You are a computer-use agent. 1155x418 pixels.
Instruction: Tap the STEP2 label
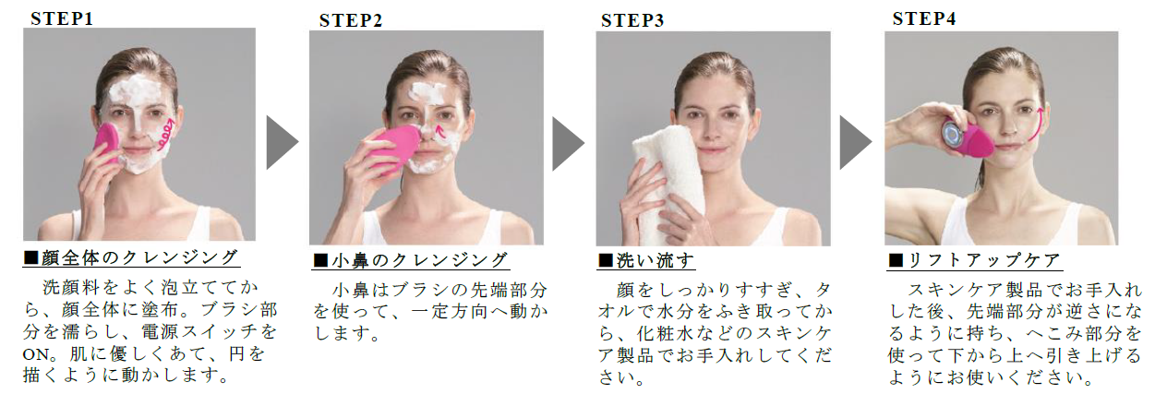click(351, 20)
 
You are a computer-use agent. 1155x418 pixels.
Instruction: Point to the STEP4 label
click(924, 18)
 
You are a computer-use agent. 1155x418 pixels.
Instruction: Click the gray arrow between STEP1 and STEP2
click(282, 142)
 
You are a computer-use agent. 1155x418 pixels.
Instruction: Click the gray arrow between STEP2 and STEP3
click(568, 142)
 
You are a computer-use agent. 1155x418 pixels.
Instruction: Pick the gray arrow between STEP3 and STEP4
click(855, 142)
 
